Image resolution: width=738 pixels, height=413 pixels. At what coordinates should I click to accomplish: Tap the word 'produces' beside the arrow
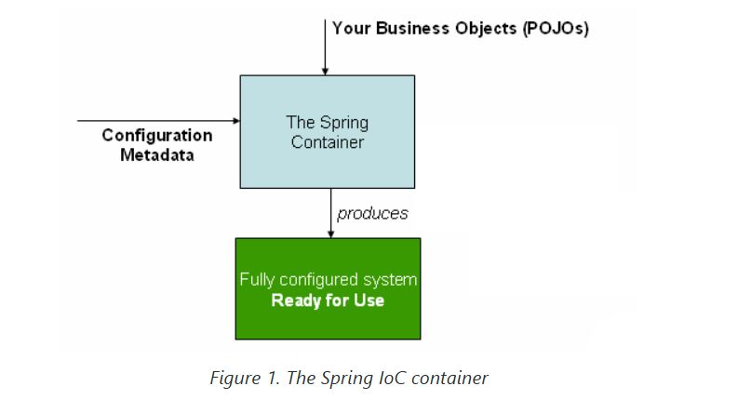point(373,214)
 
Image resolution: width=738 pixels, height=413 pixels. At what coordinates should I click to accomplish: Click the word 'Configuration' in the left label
point(157,136)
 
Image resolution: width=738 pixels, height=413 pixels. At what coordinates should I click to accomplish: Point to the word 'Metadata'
point(157,155)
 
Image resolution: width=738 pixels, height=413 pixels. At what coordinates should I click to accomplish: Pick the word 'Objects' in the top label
point(486,28)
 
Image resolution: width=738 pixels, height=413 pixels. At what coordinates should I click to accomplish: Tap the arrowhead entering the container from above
point(326,70)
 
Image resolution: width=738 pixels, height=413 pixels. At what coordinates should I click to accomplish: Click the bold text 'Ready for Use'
point(328,301)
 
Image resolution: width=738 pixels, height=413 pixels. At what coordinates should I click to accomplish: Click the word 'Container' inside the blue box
point(327,142)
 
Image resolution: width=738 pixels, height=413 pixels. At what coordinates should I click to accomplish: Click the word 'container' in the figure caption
point(456,379)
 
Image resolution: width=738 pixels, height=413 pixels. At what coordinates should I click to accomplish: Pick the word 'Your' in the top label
point(352,28)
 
